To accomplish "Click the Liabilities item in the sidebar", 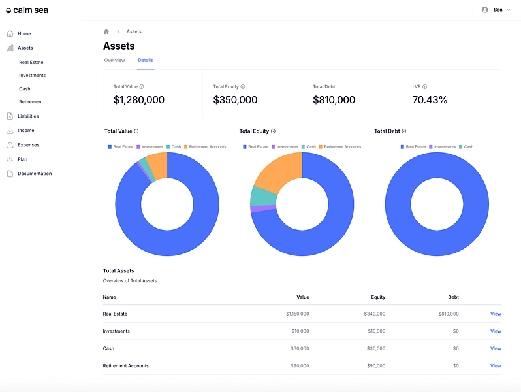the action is point(28,116).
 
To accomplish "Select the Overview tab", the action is point(115,60).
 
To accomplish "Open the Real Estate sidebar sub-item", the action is point(31,62).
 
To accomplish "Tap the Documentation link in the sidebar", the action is point(35,174).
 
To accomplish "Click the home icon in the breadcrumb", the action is point(106,31).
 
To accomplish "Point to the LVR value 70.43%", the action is point(430,100).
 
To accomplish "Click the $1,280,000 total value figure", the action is point(139,100).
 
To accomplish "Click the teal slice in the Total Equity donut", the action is point(264,196).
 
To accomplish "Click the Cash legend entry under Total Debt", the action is point(466,146).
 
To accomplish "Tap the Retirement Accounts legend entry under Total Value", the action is point(205,146).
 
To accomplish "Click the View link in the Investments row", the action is point(496,331).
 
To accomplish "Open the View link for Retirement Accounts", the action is point(496,365).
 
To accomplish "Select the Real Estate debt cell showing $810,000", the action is point(449,314).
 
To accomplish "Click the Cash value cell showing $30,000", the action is point(300,348).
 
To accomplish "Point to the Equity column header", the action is point(378,297).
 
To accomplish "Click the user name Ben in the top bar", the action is point(497,10).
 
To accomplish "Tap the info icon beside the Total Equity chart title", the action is point(273,131).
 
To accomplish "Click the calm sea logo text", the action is point(31,10).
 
